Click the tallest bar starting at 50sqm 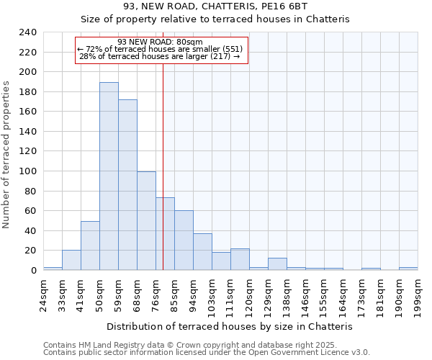[109, 176]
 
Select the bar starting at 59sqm [127, 185]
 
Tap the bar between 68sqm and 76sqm [146, 221]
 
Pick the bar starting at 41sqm [90, 246]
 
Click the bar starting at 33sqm [71, 260]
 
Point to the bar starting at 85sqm [184, 240]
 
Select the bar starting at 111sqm [240, 259]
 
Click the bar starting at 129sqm [277, 264]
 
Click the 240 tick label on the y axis [28, 32]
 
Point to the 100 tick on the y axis [28, 171]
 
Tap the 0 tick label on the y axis [33, 271]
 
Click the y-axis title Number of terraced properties [7, 154]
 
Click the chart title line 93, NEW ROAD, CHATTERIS [215, 6]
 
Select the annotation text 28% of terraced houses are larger [159, 56]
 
